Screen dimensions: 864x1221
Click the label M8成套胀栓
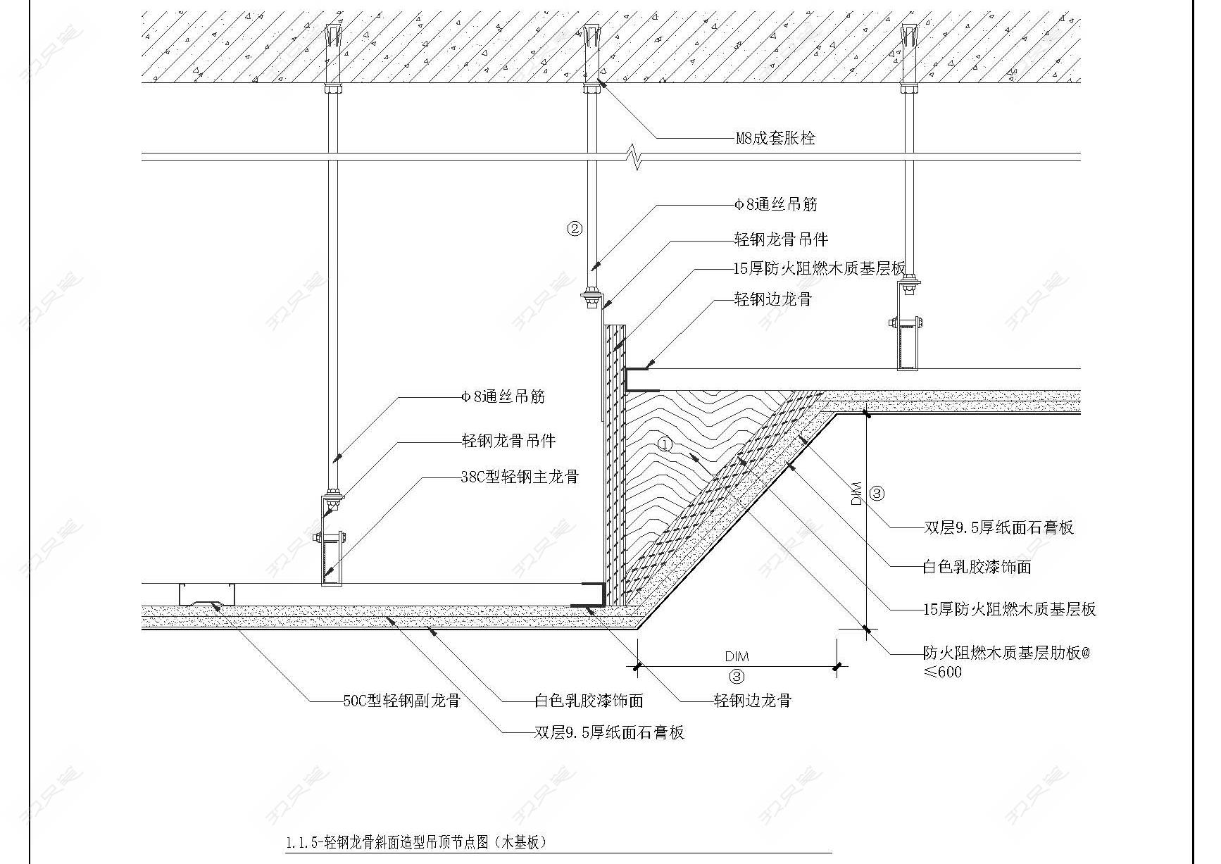pos(775,138)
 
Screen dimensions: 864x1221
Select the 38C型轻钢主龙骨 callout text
pos(520,477)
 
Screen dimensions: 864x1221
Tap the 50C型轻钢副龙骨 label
pos(401,701)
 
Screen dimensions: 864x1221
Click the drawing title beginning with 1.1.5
pos(416,842)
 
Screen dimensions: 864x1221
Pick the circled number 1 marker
pos(665,444)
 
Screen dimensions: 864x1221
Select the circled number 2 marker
pos(575,228)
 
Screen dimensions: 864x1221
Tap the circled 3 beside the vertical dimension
pos(877,494)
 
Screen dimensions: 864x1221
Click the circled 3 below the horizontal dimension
pos(737,677)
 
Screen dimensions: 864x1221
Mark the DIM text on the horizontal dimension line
pos(737,656)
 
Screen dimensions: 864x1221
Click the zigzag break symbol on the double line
pos(637,157)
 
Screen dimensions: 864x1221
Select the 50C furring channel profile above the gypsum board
pos(207,594)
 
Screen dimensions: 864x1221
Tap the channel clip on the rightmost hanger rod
pos(908,345)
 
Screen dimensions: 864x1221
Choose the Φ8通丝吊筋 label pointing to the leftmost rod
pos(503,397)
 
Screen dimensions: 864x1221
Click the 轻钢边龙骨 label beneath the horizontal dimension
pos(753,701)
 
